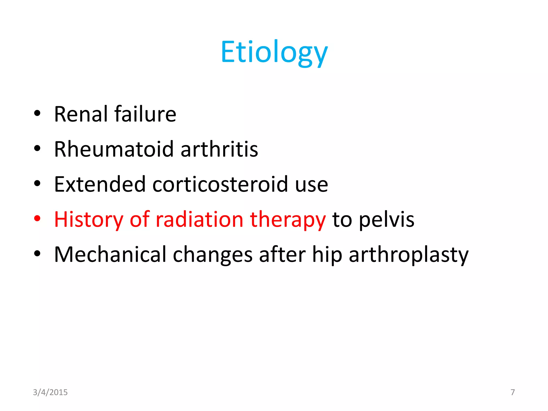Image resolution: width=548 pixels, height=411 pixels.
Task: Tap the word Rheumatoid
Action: coord(114,149)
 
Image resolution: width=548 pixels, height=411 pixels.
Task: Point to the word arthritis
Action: coord(219,149)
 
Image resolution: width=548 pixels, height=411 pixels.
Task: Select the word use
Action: coord(311,185)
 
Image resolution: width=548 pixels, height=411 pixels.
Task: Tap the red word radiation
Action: coord(199,219)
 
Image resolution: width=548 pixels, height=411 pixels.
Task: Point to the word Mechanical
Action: coord(110,254)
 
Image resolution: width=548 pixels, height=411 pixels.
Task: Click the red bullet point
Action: coord(37,219)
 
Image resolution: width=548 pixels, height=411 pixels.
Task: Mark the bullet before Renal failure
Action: coord(37,113)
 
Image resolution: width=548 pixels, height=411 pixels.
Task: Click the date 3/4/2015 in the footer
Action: coord(50,392)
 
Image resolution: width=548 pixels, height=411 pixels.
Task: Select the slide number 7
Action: coord(512,392)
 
